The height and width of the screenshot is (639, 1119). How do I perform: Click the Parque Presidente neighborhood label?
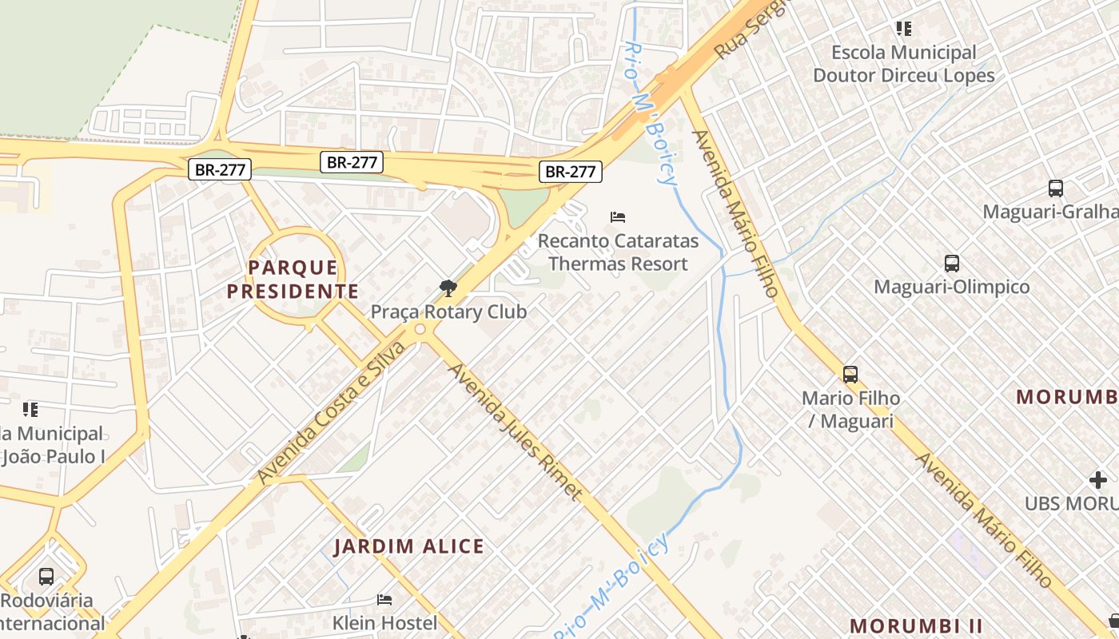click(293, 279)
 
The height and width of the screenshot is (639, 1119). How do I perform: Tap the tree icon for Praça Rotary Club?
click(448, 288)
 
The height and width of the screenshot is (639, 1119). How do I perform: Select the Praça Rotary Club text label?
click(448, 312)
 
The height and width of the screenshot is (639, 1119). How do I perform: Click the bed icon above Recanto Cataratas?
click(617, 216)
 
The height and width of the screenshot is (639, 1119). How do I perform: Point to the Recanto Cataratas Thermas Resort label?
click(618, 252)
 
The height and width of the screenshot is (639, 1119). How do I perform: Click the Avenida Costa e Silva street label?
click(331, 412)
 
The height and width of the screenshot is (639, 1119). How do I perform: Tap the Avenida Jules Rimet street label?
click(514, 431)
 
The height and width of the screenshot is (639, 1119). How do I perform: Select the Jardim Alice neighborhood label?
click(408, 546)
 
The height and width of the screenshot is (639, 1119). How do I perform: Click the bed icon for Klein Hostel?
click(384, 599)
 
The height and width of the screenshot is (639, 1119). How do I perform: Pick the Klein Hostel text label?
click(384, 622)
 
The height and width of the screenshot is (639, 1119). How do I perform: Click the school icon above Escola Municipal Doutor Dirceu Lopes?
click(903, 29)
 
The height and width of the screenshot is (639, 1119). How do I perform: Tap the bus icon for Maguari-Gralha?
click(1055, 189)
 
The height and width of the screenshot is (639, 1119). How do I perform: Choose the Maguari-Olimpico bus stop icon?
click(951, 263)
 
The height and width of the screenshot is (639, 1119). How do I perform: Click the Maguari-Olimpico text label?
click(951, 286)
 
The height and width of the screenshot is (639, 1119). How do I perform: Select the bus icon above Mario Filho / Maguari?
click(850, 374)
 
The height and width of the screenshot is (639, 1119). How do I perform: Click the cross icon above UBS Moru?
click(1097, 480)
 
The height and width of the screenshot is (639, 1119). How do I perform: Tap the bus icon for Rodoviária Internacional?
click(46, 576)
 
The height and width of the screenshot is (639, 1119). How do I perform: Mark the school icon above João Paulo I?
click(30, 410)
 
